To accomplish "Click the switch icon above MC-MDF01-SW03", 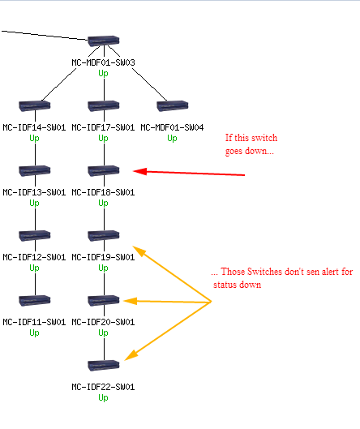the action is tap(104, 41).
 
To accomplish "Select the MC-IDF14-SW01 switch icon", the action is tap(35, 106).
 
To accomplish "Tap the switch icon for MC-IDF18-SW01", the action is tap(104, 171).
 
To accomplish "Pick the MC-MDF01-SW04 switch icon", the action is tap(173, 106).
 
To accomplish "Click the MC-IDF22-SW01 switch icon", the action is tap(104, 365).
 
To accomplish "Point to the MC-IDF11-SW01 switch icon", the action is tap(35, 300).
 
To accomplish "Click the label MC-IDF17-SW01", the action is tap(103, 127).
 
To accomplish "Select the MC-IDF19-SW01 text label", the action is tap(103, 257).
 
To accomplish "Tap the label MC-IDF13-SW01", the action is tap(34, 192).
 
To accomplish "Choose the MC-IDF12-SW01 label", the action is tap(34, 257).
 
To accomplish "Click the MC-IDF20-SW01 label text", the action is tap(103, 322).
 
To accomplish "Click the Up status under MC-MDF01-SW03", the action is tap(103, 73).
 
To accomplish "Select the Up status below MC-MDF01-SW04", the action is tap(172, 138).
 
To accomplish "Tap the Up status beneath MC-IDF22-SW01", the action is tap(103, 397).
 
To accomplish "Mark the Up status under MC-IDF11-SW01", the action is tap(34, 332).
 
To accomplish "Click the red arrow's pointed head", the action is tap(134, 171).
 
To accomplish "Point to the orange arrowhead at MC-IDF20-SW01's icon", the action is tap(124, 301).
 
